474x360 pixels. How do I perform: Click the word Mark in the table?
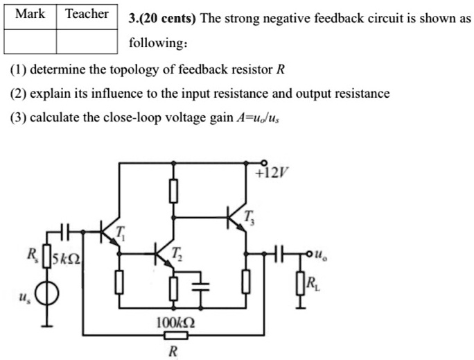click(30, 14)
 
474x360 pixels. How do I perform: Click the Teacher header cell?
click(87, 14)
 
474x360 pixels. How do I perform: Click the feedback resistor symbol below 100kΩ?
click(173, 336)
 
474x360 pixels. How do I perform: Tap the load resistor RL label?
click(313, 282)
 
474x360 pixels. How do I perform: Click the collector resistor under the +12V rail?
click(173, 189)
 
